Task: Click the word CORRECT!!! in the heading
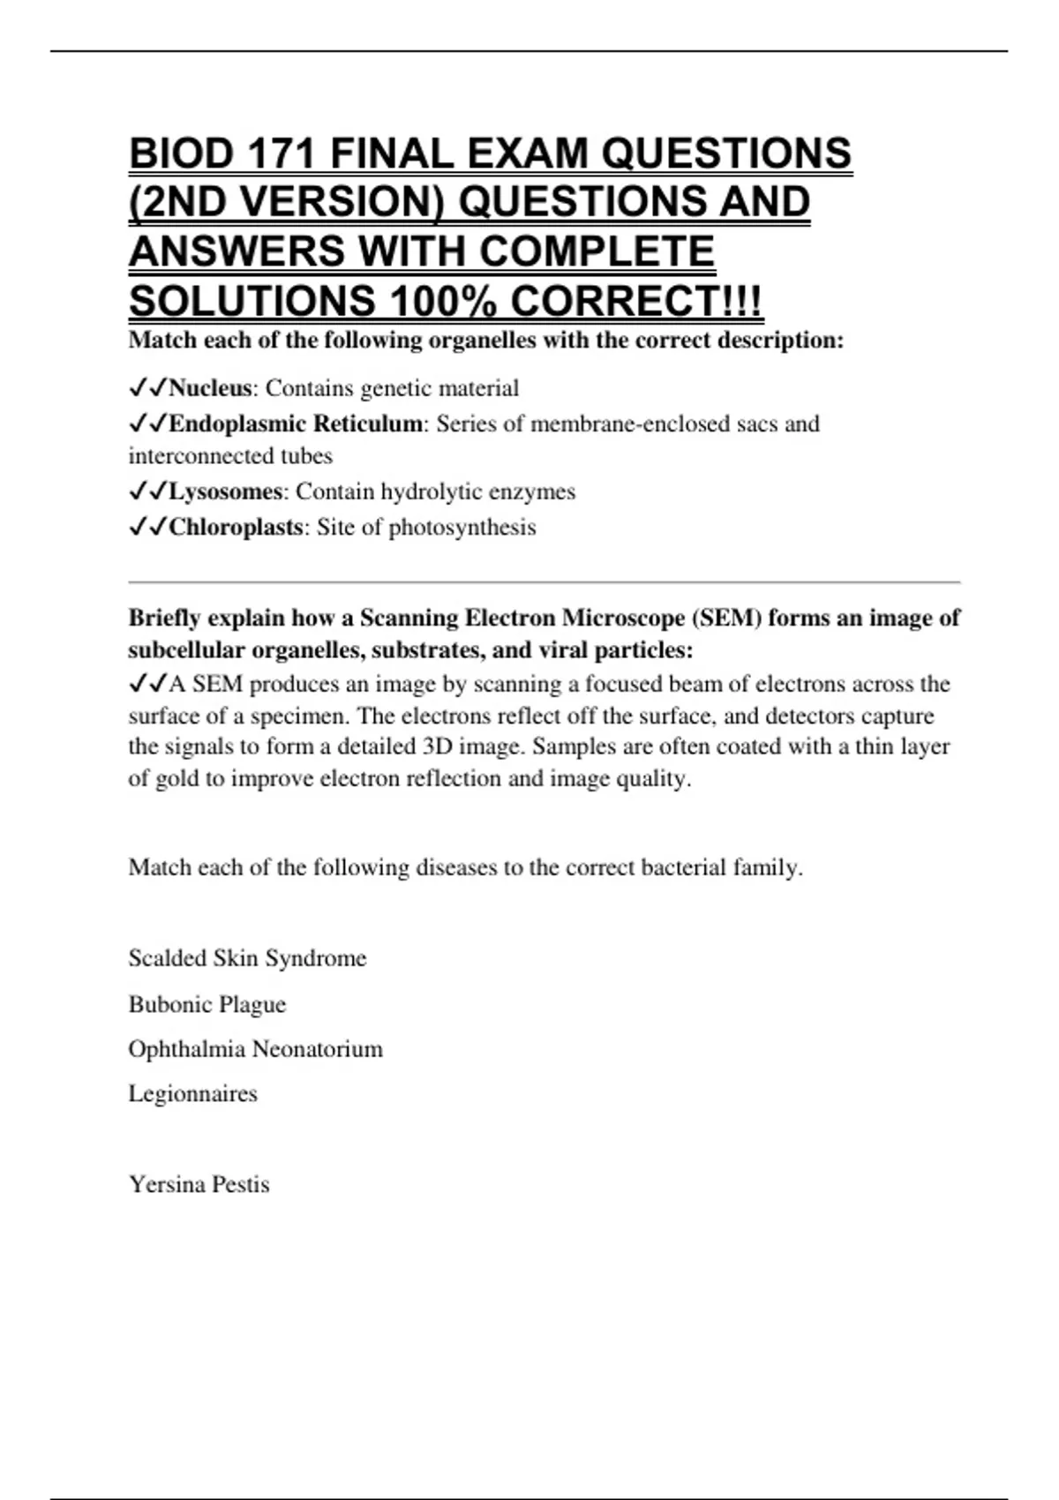click(x=636, y=302)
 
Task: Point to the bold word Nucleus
click(x=210, y=388)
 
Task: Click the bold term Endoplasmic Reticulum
click(x=296, y=424)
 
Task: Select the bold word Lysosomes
click(x=225, y=491)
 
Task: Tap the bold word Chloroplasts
click(x=236, y=527)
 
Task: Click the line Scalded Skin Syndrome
click(x=247, y=958)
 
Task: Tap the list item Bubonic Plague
click(x=207, y=1004)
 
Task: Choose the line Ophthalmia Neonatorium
click(x=256, y=1049)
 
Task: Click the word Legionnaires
click(x=193, y=1094)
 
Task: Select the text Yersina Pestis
click(x=199, y=1184)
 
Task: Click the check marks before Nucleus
click(x=147, y=388)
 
